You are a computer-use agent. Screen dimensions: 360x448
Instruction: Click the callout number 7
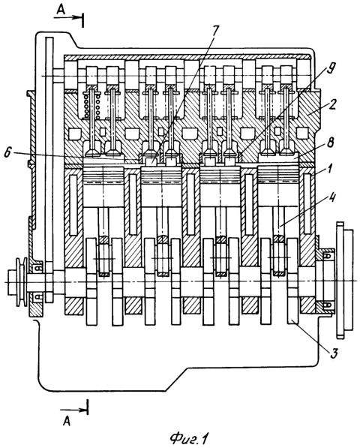(215, 32)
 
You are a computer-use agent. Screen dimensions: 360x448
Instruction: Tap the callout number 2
(332, 106)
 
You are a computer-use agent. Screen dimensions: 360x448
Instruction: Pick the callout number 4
(331, 198)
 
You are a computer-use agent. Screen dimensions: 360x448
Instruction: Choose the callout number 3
(334, 353)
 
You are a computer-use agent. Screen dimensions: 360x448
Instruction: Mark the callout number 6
(7, 153)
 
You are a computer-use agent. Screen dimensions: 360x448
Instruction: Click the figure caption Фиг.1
(188, 438)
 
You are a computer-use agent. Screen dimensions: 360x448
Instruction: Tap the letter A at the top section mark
(61, 10)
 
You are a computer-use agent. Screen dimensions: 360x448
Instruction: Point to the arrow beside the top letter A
(68, 17)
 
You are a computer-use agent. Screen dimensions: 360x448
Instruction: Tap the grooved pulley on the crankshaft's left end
(22, 282)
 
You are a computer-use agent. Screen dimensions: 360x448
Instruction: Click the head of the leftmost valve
(92, 147)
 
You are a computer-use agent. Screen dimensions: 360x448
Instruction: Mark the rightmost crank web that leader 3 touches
(292, 281)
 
